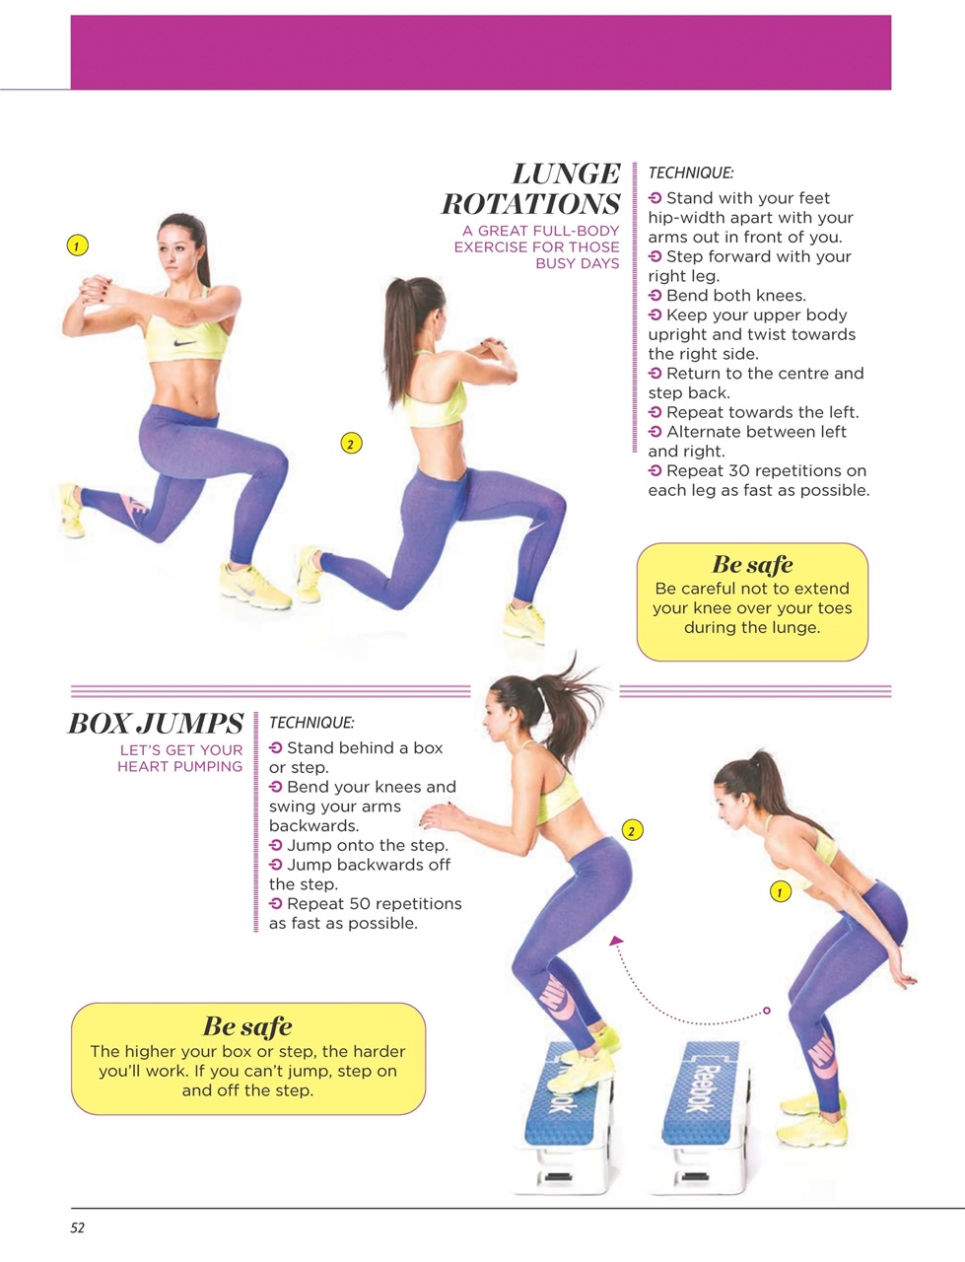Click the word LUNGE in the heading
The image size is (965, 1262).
point(566,174)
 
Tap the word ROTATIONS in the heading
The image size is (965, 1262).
point(530,204)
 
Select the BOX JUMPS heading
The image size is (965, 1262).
point(156,724)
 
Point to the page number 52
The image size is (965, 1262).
point(78,1227)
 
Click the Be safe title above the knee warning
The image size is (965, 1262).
point(752,565)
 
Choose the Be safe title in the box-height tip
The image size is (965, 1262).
point(247,1026)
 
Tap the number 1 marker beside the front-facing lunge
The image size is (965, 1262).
point(78,245)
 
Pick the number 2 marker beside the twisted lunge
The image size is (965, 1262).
point(350,444)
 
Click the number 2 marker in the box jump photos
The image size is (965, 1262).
point(632,830)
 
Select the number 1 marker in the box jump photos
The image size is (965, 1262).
point(780,892)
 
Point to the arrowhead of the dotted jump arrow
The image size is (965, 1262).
point(616,942)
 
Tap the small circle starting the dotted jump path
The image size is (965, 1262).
point(767,1011)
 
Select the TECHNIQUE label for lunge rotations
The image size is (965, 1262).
point(690,173)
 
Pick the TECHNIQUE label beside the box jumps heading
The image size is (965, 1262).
point(310,723)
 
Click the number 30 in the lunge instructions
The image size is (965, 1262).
point(738,470)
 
